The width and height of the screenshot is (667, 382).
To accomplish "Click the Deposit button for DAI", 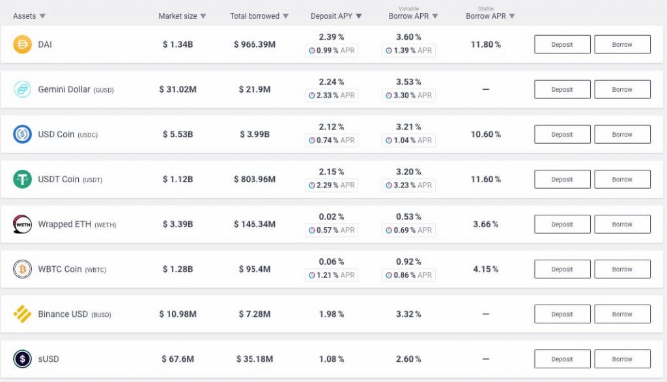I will coord(562,45).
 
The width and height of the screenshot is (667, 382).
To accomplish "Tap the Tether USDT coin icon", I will coord(23,180).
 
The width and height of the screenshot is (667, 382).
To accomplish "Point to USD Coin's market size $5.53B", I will coord(178,135).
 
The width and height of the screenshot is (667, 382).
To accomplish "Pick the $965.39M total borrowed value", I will coord(255,45).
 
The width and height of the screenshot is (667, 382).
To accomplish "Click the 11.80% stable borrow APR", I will coord(485,45).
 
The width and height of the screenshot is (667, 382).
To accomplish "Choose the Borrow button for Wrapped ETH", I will coord(622,225).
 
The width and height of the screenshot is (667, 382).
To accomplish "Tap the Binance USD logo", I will coord(23,314).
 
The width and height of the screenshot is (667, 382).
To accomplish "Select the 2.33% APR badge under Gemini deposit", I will coord(332,96).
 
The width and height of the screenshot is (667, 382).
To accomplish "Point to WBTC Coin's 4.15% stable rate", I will coord(485,269).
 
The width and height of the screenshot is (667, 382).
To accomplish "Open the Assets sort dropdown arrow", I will coord(42,16).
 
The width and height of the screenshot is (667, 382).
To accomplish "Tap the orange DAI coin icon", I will coord(23,45).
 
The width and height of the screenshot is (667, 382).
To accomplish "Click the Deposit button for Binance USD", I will coord(562,314).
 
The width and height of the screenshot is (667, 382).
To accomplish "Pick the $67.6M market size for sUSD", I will coord(178,359).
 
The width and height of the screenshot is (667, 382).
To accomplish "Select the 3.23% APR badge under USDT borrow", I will coord(409,185).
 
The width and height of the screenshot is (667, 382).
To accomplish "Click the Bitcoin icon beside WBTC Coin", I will coord(23,269).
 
